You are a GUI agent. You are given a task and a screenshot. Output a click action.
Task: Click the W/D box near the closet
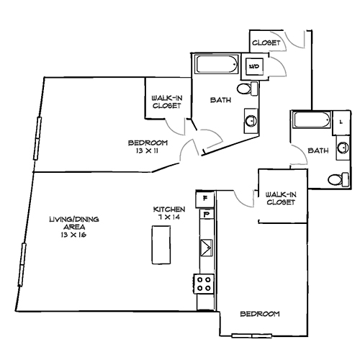point(255,67)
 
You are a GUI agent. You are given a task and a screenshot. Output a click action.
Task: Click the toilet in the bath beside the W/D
point(247,89)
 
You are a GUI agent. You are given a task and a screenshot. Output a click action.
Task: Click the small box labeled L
point(340,122)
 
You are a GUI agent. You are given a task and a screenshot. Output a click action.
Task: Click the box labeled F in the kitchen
point(206,197)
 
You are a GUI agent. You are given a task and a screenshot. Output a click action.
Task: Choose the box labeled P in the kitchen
point(206,213)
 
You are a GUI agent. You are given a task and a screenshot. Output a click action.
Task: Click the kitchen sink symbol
point(206,246)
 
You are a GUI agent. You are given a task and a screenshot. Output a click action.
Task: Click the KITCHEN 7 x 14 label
point(164,214)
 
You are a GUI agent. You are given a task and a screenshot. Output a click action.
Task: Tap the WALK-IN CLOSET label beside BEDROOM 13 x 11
point(166,102)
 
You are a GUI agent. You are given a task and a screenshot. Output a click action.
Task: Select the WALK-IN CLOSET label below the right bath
point(280,198)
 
